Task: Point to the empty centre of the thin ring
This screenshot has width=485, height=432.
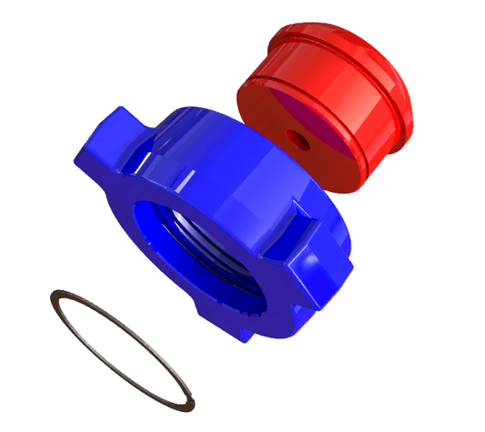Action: (x=123, y=350)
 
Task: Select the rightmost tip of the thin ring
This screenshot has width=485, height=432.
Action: (x=193, y=400)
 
